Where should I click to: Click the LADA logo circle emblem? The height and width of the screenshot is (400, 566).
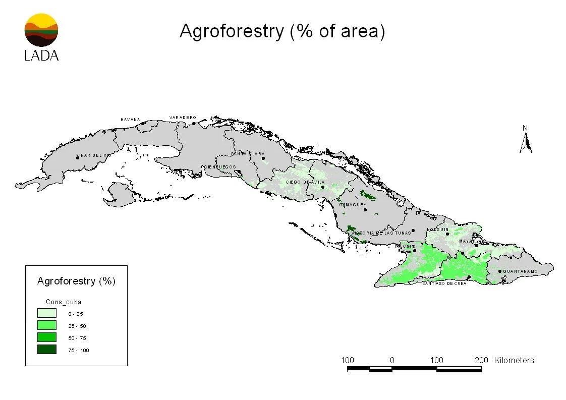coord(41,30)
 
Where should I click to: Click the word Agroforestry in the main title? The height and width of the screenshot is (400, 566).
coord(232,31)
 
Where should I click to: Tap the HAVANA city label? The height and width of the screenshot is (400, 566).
coord(130,120)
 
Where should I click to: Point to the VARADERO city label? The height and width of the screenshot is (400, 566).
coord(183,118)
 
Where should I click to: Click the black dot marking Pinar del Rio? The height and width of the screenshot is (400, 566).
coord(78,157)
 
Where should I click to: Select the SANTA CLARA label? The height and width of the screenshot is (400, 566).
coord(248,154)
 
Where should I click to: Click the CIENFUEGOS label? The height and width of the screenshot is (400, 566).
coord(219,167)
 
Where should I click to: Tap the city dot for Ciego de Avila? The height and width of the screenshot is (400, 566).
coord(323,187)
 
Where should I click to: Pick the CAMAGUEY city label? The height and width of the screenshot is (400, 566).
coord(353,205)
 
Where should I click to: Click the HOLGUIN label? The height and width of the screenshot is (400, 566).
coord(438,230)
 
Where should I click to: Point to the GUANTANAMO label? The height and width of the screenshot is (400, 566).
coord(520,271)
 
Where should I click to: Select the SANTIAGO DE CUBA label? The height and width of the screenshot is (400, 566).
coord(444,283)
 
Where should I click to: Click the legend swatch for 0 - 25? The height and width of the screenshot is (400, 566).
coord(46,313)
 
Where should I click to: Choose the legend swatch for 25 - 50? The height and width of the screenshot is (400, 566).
coord(46,325)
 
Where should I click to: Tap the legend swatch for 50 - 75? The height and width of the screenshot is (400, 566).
coord(46,337)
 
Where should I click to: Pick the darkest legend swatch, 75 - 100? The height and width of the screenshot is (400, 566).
coord(46,350)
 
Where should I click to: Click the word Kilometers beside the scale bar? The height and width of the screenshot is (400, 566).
coord(514,360)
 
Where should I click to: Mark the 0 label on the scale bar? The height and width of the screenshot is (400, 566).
coord(392,360)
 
